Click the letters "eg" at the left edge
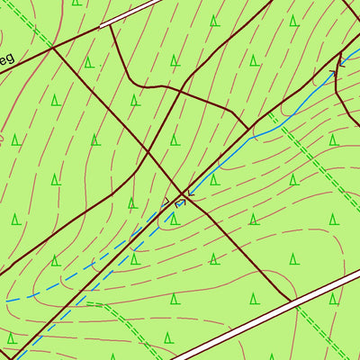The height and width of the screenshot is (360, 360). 6,61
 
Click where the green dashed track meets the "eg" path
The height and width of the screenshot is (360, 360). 52,47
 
